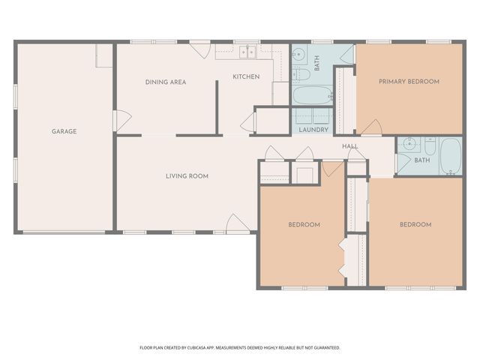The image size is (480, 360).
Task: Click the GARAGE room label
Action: click(64, 131)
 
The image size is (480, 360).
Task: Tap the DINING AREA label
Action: click(165, 82)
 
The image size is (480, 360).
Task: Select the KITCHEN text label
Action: click(246, 76)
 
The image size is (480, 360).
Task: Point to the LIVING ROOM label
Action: click(187, 176)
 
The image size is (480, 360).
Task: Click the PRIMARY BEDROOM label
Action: click(409, 81)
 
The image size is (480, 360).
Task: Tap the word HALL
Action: click(350, 145)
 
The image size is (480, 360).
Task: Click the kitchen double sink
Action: click(248, 52)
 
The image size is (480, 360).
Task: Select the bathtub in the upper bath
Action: click(311, 95)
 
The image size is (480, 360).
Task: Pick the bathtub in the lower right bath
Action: click(451, 156)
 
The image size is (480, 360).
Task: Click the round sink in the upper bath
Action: click(298, 54)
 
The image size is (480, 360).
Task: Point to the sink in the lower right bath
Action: click(409, 144)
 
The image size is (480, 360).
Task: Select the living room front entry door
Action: click(235, 223)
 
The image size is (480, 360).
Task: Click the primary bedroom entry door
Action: click(372, 128)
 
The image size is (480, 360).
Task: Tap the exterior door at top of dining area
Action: click(199, 49)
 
